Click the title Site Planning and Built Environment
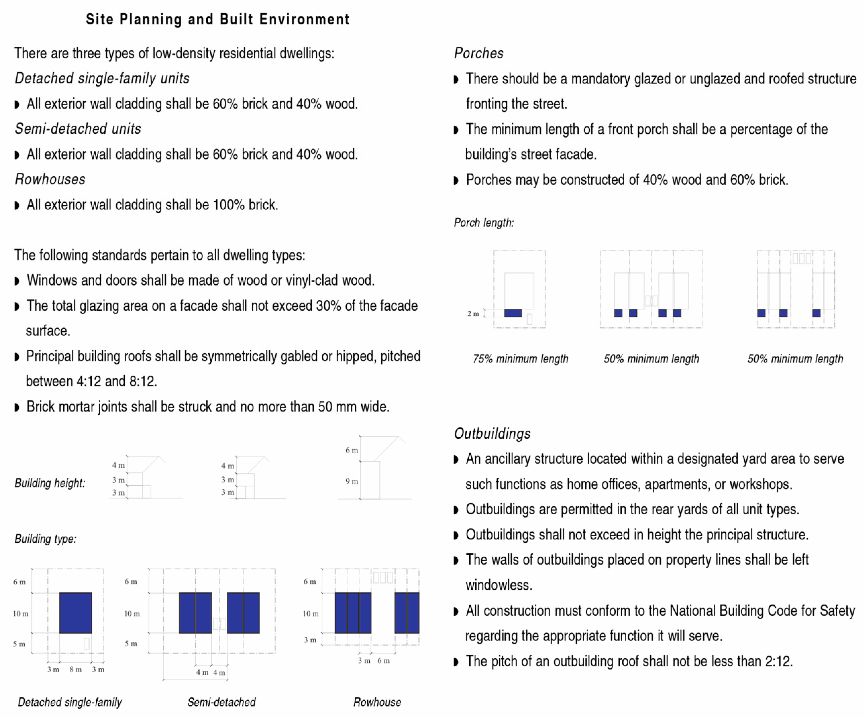click(x=218, y=19)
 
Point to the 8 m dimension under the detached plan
click(x=75, y=669)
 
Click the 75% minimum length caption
click(x=520, y=359)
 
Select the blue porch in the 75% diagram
click(x=513, y=313)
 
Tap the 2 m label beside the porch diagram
click(x=473, y=314)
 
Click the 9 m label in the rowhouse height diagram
click(x=352, y=481)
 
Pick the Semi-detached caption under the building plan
click(x=221, y=702)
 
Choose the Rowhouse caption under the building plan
click(x=377, y=702)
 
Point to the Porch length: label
click(x=484, y=223)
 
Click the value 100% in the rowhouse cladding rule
click(x=229, y=205)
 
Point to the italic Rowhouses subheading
click(x=50, y=179)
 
